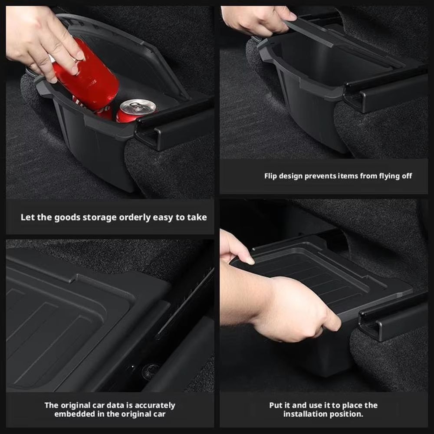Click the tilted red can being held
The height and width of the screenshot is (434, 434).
point(89,78)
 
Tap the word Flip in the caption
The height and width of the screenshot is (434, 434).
point(272,176)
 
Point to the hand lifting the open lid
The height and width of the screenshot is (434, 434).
point(256,20)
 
